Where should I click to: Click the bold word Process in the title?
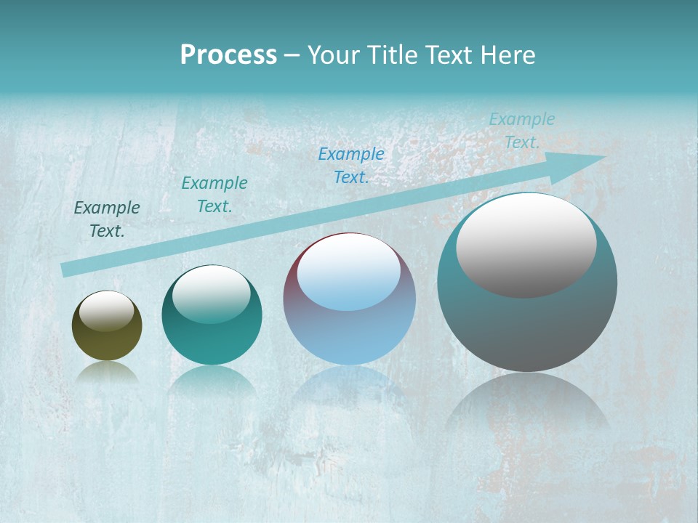(x=228, y=55)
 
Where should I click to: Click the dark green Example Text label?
(x=107, y=219)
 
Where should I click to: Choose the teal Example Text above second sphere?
(x=214, y=194)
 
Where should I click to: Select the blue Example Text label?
(x=351, y=165)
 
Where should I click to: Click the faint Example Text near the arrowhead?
(x=521, y=131)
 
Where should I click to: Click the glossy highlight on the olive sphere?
(x=106, y=311)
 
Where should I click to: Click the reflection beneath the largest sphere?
(x=527, y=403)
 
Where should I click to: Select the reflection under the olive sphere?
(x=107, y=372)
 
